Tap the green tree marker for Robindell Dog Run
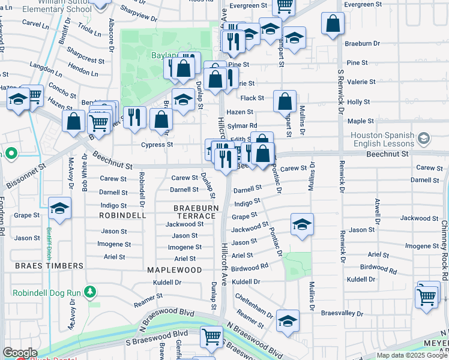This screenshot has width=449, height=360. pos(90,292)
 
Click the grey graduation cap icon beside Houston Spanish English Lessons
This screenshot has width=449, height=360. pos(424,139)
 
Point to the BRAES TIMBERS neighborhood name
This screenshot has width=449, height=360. pos(49,266)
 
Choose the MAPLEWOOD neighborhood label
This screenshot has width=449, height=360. pos(175,270)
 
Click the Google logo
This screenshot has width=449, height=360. pos(20,353)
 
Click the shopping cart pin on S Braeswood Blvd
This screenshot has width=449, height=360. pos(211,337)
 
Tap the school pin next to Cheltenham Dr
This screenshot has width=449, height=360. pos(288,320)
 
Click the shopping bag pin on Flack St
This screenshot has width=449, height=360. pos(285,101)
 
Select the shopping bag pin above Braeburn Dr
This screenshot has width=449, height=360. pos(332,24)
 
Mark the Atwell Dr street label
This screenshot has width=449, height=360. pos(378,208)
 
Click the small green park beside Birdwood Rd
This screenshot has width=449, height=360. pos(298,265)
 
